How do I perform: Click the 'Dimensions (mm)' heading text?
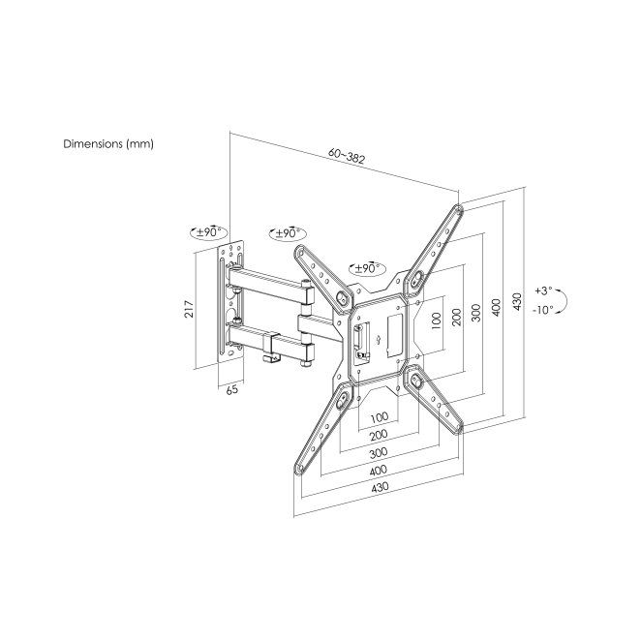[x=108, y=143]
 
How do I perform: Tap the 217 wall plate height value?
[x=191, y=308]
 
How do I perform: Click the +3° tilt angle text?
[x=542, y=290]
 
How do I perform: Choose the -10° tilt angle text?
[x=542, y=310]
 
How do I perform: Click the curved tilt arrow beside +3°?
[x=565, y=300]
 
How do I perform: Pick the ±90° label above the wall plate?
[x=209, y=233]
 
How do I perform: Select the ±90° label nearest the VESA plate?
[x=368, y=268]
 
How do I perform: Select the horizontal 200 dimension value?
[x=379, y=435]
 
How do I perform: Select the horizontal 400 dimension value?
[x=380, y=472]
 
